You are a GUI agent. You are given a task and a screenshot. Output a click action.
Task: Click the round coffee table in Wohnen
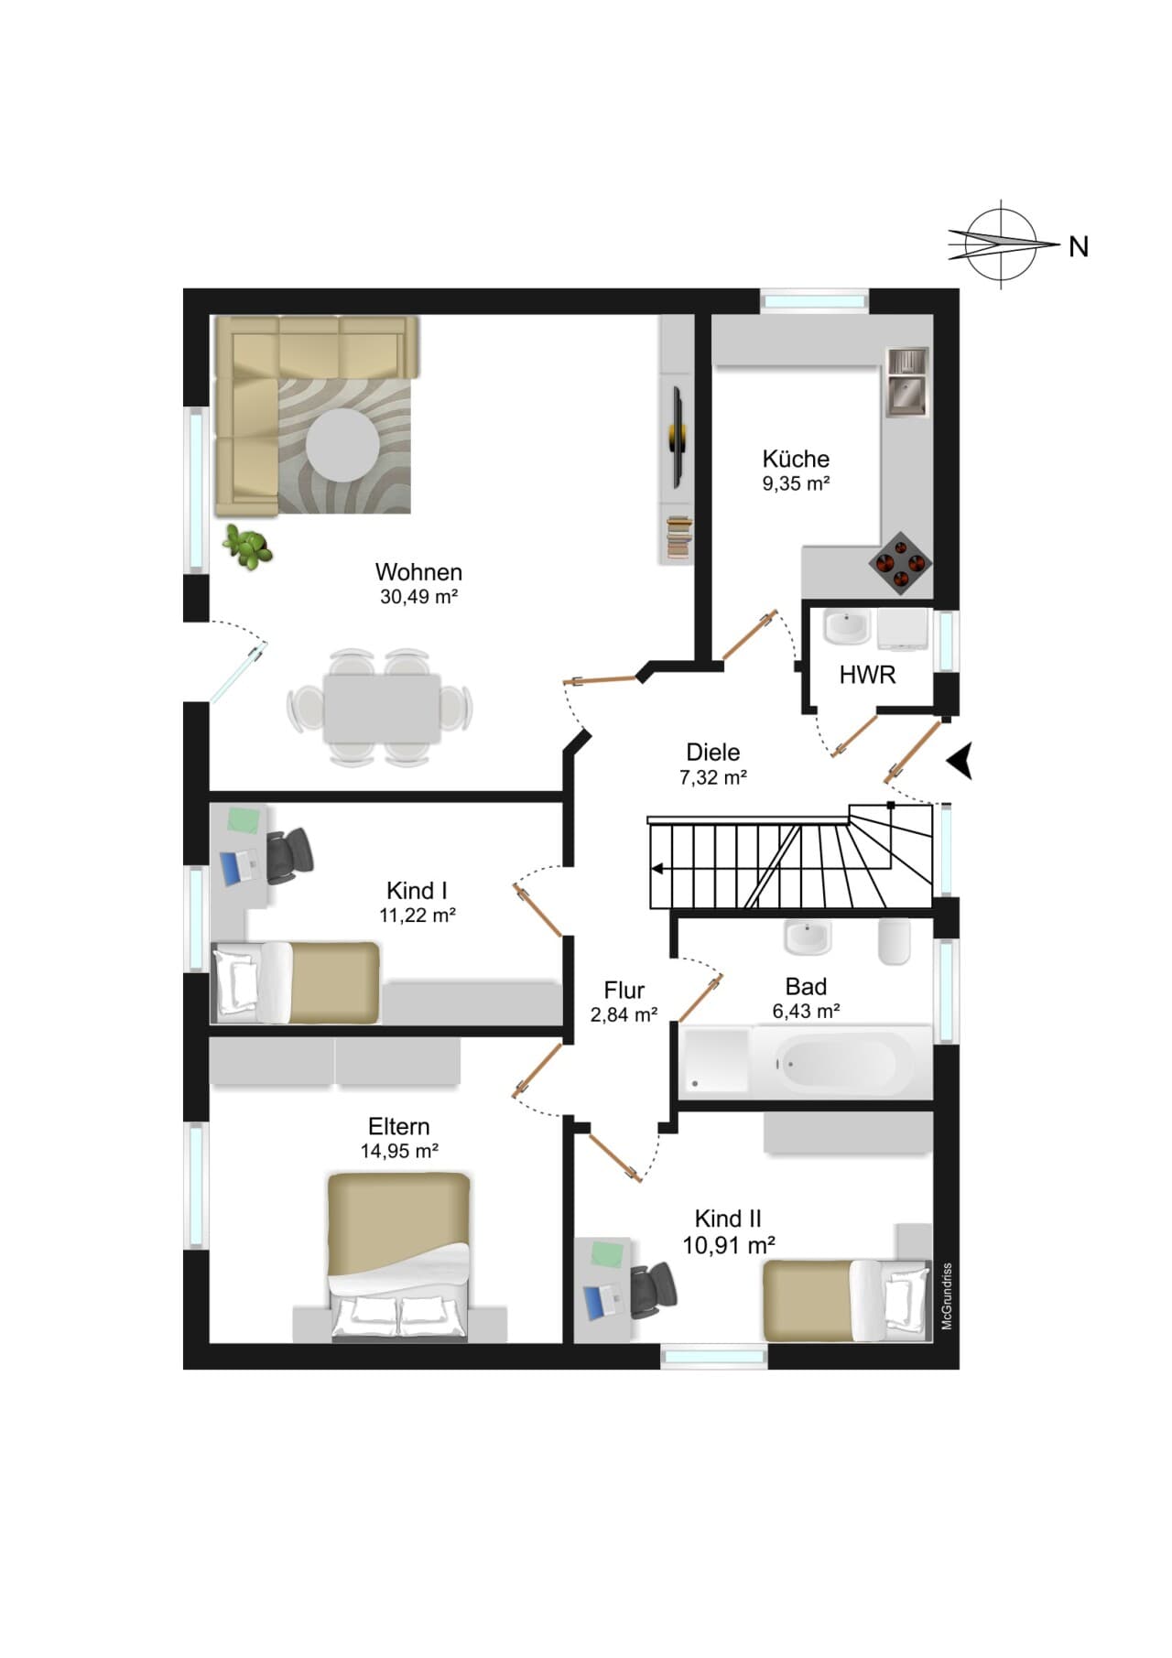click(x=342, y=445)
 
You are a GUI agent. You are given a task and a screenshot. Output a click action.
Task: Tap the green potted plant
click(x=248, y=547)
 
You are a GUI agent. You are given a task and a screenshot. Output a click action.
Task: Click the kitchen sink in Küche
click(x=906, y=382)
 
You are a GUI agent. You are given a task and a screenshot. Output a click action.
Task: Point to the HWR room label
click(x=867, y=676)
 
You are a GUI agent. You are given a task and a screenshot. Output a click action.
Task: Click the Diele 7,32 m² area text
click(x=713, y=778)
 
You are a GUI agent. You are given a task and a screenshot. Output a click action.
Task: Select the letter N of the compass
click(x=1079, y=246)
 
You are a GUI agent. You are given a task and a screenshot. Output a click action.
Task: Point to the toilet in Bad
click(x=895, y=942)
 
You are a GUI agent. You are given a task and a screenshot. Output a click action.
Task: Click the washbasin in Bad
click(x=808, y=937)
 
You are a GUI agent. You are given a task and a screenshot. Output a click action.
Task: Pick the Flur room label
click(x=624, y=991)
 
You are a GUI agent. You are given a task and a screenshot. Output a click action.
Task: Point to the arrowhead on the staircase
click(x=657, y=870)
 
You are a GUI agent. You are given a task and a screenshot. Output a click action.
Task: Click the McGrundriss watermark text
click(x=948, y=1296)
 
